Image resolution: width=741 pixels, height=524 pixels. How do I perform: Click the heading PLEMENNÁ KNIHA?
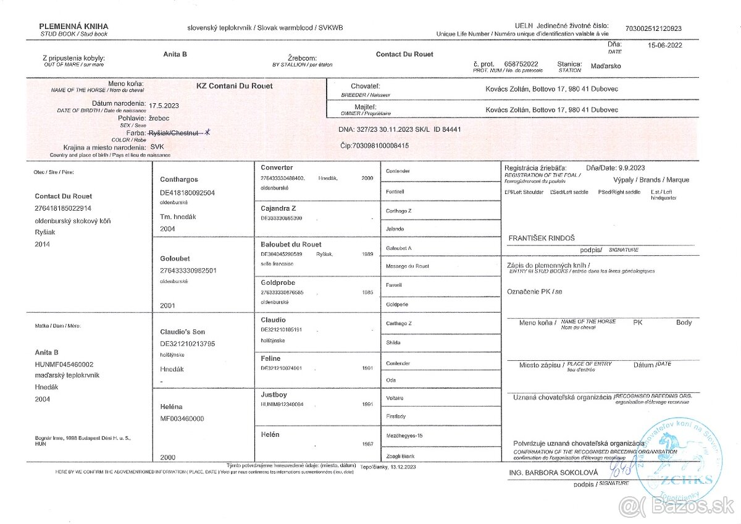click(x=73, y=26)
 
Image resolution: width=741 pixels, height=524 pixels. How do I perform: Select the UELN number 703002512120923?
click(x=653, y=28)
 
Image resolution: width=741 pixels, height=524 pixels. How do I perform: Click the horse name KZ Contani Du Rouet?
click(x=234, y=86)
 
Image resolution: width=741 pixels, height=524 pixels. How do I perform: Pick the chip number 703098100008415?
click(x=374, y=146)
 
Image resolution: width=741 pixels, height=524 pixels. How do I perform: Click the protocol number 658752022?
click(x=521, y=64)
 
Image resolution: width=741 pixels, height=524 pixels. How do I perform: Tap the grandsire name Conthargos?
click(x=179, y=179)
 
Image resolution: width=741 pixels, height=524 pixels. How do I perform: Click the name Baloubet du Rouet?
click(x=291, y=244)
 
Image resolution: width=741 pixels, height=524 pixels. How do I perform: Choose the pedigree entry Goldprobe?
click(x=278, y=281)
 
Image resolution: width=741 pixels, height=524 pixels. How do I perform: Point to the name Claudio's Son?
click(x=183, y=332)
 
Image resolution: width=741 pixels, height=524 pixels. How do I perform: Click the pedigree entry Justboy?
click(x=274, y=394)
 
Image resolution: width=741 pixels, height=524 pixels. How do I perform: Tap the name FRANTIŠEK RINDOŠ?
click(x=541, y=237)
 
